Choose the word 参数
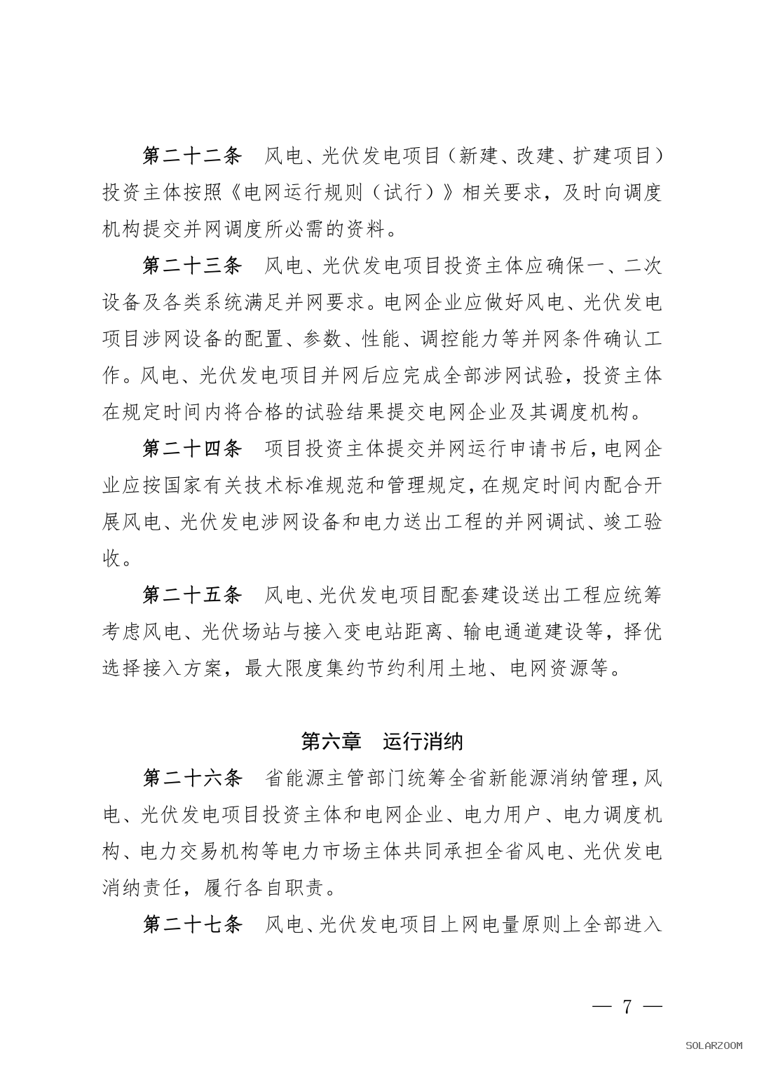321,339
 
